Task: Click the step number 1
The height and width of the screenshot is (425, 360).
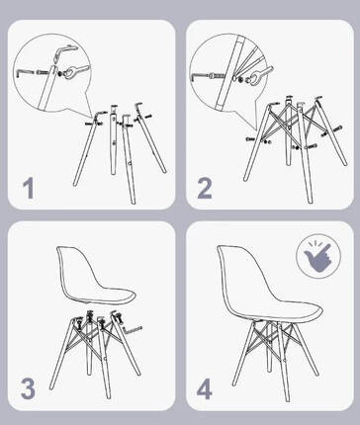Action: coord(29,189)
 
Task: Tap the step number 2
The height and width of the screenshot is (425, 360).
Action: coord(205,189)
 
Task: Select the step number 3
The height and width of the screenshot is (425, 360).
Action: coord(28,388)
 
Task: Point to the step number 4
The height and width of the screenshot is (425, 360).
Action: coord(205,388)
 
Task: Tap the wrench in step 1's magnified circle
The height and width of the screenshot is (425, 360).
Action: coord(73,72)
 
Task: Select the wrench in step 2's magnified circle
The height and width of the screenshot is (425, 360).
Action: coord(260,75)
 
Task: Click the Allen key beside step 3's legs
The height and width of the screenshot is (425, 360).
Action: coord(132,328)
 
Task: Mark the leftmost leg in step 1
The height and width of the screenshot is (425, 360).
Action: coord(86,150)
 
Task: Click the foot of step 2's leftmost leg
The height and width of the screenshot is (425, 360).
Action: coord(245,178)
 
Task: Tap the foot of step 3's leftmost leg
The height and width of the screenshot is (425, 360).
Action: coord(51,387)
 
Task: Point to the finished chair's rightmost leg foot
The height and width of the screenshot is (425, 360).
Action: coord(316,374)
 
